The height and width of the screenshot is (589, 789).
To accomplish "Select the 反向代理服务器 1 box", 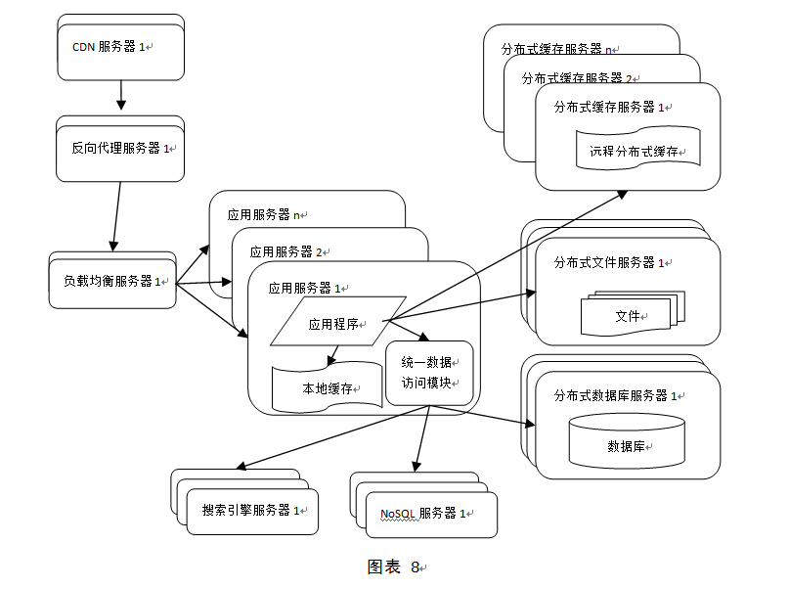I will pyautogui.click(x=120, y=149).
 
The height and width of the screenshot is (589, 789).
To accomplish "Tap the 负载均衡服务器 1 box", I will pyautogui.click(x=112, y=281).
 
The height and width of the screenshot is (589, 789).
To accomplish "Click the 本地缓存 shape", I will pyautogui.click(x=327, y=387).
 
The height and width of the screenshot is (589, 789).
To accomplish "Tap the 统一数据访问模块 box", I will pyautogui.click(x=429, y=373).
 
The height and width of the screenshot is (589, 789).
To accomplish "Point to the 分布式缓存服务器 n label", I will pyautogui.click(x=557, y=48).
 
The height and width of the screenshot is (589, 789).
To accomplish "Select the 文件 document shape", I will pyautogui.click(x=627, y=315).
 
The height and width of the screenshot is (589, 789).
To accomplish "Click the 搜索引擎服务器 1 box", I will pyautogui.click(x=252, y=510).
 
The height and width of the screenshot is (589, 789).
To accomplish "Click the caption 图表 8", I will pyautogui.click(x=394, y=566).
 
